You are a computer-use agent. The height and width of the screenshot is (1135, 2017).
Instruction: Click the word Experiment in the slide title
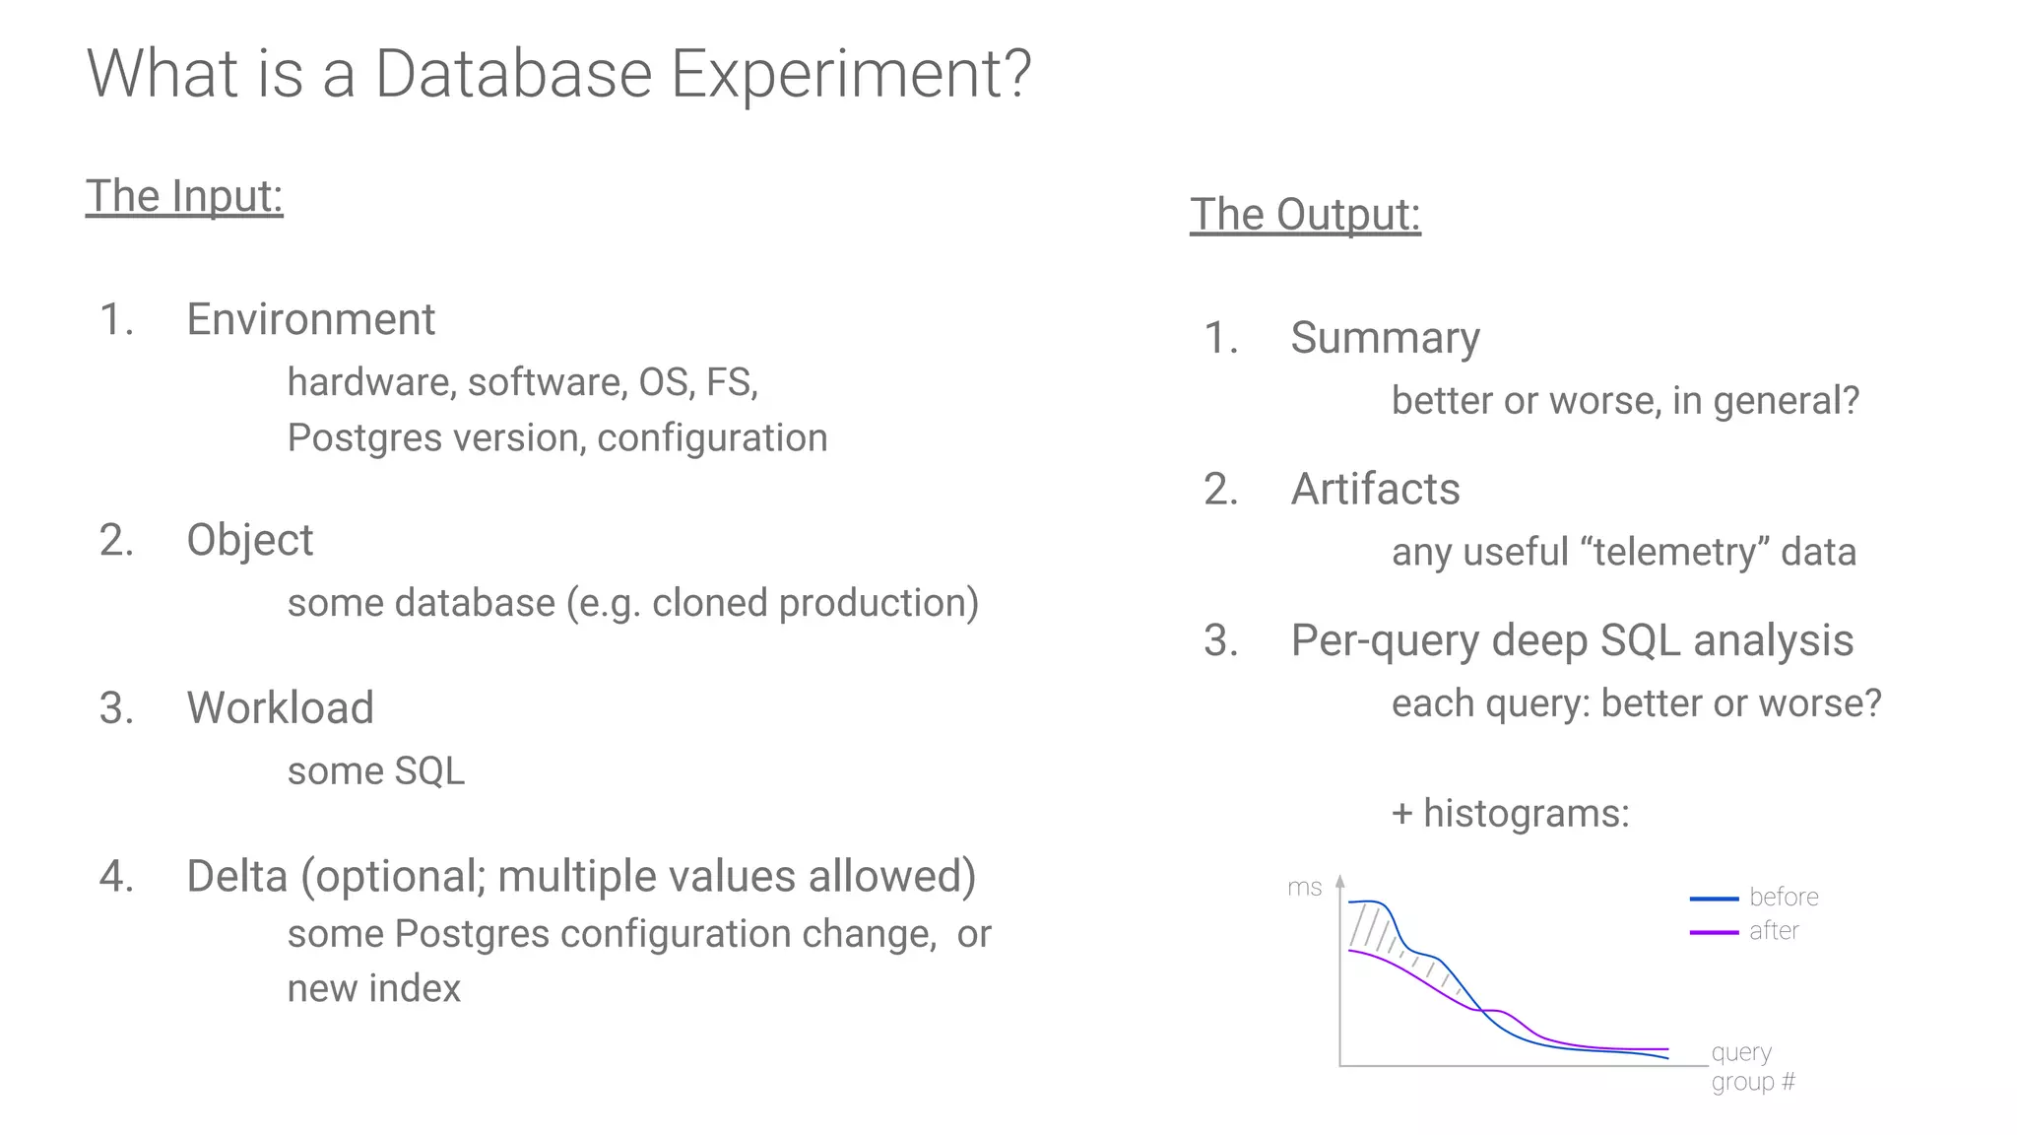pos(850,75)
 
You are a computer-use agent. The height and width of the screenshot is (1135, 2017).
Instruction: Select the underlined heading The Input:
pos(184,196)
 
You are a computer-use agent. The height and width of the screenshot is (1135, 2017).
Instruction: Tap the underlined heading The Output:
pos(1305,215)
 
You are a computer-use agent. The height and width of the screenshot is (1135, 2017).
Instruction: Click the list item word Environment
pos(310,319)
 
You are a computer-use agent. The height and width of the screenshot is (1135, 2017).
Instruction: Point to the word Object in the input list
pos(249,540)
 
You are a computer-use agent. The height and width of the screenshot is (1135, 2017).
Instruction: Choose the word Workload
pos(280,707)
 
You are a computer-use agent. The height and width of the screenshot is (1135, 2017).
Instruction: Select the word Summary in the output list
pos(1385,338)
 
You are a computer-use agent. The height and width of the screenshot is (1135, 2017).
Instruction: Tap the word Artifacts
pos(1375,489)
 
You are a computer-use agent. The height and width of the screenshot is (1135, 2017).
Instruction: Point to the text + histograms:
pos(1510,814)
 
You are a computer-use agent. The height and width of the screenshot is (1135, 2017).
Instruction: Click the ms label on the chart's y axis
pos(1304,888)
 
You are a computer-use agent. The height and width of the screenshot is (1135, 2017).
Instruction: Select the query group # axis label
pos(1752,1067)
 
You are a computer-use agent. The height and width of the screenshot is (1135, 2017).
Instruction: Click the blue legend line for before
pos(1714,899)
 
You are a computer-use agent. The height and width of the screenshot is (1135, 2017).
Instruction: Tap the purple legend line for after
pos(1714,932)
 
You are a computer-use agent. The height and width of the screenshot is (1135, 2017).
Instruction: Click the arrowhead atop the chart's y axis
pos(1339,882)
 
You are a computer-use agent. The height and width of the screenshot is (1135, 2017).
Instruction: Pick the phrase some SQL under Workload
pos(375,771)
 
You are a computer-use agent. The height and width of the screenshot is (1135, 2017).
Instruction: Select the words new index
pos(373,988)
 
